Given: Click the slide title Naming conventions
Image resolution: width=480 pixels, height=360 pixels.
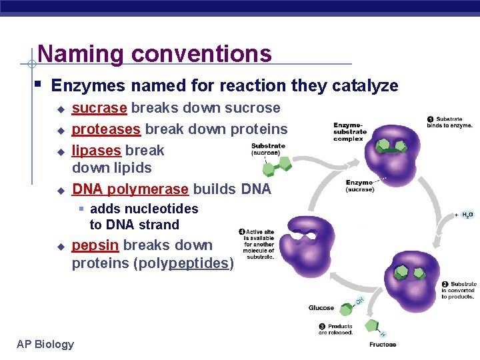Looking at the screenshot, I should point(155,53).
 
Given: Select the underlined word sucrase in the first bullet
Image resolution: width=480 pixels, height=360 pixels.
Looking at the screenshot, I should point(99,108).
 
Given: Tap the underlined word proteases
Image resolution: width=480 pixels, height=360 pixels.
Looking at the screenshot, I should point(106,129).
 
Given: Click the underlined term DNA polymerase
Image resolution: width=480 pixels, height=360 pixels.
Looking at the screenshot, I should point(130,189).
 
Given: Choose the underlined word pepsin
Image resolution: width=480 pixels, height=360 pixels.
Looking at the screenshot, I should point(95,245).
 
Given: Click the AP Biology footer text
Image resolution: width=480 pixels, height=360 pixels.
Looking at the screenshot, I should point(45,344).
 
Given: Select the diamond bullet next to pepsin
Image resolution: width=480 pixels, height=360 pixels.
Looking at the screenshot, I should point(59,247).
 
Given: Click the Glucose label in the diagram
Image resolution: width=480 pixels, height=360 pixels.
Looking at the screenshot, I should point(321,308).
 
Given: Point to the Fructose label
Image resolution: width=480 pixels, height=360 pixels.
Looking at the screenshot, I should point(383,345).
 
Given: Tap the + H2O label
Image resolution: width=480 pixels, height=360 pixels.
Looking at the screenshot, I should point(464,215).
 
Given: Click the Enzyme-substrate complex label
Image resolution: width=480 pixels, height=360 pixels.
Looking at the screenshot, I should point(349,132).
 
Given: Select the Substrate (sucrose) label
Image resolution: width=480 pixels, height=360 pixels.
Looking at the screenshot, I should point(268,149).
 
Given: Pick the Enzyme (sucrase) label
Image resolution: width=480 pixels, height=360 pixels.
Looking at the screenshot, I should point(359,186).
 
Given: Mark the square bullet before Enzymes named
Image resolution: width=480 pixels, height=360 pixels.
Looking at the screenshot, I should point(39,85).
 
